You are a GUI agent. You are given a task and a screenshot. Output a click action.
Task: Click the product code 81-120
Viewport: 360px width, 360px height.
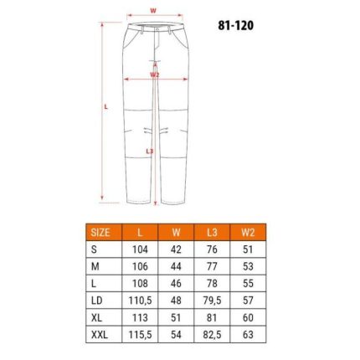[x=236, y=25]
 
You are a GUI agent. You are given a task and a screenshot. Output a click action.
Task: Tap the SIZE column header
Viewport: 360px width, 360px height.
[x=100, y=233]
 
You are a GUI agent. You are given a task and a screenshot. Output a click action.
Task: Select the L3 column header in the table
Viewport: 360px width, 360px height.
[x=212, y=233]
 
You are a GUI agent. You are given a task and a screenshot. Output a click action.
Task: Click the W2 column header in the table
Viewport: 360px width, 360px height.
[x=248, y=233]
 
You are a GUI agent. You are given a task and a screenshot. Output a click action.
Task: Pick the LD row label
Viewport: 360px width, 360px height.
[x=97, y=301]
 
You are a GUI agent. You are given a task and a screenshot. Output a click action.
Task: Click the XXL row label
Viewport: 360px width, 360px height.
[x=100, y=335]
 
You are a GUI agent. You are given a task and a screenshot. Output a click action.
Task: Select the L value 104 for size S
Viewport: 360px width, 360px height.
[x=140, y=249]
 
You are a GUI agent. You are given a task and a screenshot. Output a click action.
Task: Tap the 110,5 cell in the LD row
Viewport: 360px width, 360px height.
[x=140, y=301]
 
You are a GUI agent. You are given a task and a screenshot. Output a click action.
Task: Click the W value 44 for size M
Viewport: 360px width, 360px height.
[x=176, y=266]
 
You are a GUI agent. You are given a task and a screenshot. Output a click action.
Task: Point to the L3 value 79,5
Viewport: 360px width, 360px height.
[x=212, y=301]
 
